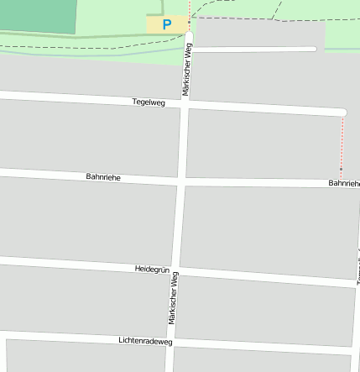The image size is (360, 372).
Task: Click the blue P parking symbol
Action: (166, 25)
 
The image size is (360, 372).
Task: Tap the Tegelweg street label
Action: (149, 102)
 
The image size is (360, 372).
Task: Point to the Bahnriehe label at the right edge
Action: (344, 182)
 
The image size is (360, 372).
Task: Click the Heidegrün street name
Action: (152, 269)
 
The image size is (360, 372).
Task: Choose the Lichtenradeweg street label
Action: (145, 340)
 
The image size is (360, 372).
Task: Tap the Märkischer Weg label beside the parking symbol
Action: (186, 69)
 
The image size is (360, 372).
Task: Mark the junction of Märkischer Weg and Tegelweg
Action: (185, 103)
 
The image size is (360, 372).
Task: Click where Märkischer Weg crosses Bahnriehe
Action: (181, 181)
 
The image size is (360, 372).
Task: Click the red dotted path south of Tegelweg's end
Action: (342, 143)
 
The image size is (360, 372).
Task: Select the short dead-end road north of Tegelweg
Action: (252, 49)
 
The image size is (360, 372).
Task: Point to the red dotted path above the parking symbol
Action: (190, 8)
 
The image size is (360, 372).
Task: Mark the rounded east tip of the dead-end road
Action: (314, 49)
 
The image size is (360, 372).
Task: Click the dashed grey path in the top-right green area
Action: (277, 19)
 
